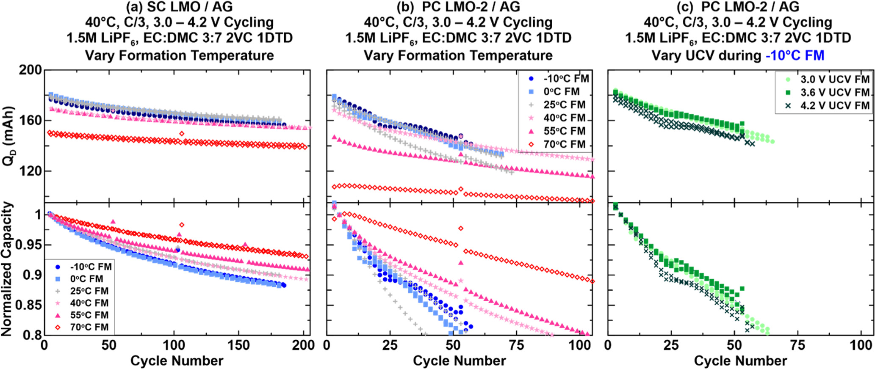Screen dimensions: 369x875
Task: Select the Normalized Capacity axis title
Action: pyautogui.click(x=8, y=269)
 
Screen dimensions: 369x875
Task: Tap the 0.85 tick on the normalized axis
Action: pyautogui.click(x=28, y=305)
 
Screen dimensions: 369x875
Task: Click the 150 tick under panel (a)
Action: pyautogui.click(x=238, y=345)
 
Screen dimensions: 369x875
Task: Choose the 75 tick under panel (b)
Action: pyautogui.click(x=516, y=345)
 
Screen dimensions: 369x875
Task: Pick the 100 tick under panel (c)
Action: pyautogui.click(x=861, y=345)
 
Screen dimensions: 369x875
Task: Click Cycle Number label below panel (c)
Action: pyautogui.click(x=740, y=361)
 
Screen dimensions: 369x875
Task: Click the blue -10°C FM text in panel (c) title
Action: pyautogui.click(x=795, y=55)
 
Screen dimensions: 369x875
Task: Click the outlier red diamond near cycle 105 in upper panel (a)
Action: pyautogui.click(x=182, y=134)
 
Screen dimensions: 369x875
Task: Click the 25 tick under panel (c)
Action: pyautogui.click(x=671, y=345)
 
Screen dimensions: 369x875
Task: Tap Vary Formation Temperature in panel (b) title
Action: pyautogui.click(x=458, y=55)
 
